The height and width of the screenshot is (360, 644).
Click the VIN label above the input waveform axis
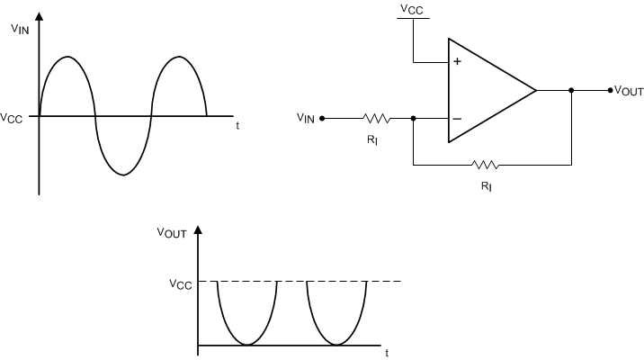[19, 29]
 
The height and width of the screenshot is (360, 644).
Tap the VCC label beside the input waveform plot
[13, 117]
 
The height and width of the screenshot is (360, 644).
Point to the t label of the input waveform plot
[237, 126]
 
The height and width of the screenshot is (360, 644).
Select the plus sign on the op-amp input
[457, 62]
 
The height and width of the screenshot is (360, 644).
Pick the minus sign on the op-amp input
[457, 118]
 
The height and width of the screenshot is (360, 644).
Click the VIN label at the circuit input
[306, 118]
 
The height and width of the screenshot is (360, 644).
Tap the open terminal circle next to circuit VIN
[323, 117]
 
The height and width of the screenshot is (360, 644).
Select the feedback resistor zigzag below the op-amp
[486, 165]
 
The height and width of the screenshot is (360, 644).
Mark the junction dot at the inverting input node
[413, 117]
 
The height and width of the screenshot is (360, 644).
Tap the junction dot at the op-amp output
[571, 90]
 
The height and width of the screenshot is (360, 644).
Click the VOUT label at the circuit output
[626, 91]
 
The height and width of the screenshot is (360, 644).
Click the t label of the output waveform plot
[388, 354]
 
